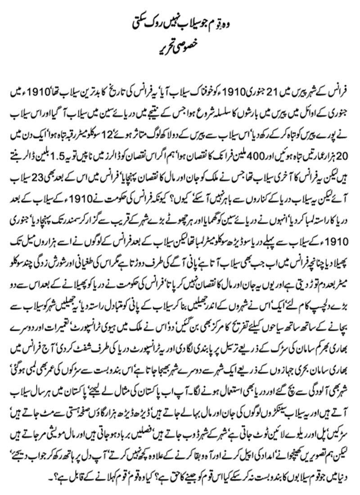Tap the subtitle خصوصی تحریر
pyautogui.click(x=180, y=45)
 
